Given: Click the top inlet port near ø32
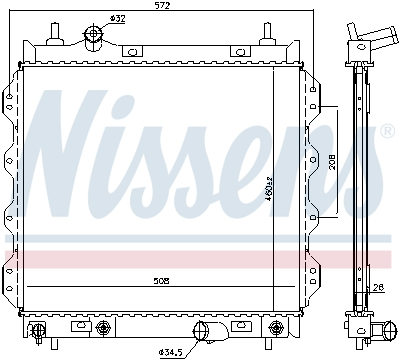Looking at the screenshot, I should (95, 37).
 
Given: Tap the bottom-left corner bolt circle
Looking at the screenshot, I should (37, 330).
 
